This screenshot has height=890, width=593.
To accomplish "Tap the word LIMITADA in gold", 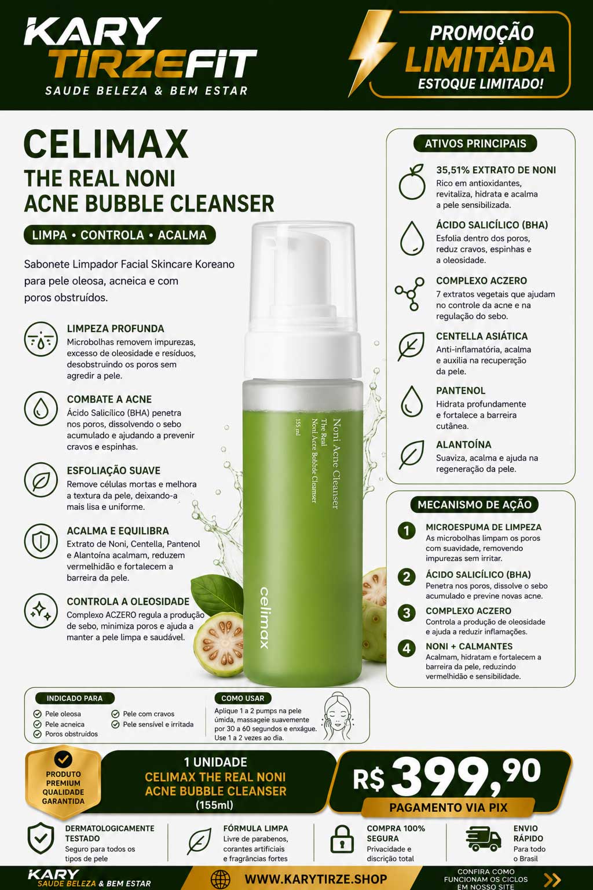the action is click(x=480, y=60).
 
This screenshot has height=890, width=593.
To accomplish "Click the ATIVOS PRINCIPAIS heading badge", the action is click(x=475, y=144).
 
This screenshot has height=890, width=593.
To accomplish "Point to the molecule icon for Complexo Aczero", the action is click(x=409, y=294).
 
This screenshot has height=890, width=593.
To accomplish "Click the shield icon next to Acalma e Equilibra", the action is click(x=41, y=541).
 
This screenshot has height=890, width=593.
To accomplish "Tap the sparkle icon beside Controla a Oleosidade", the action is click(x=41, y=611).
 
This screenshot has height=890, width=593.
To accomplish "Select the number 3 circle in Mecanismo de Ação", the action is click(x=407, y=613).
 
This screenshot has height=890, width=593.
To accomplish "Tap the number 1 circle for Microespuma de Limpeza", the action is click(x=407, y=530).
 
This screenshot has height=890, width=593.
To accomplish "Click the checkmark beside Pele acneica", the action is click(x=37, y=724).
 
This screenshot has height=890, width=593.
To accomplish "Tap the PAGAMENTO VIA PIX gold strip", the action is click(x=448, y=808).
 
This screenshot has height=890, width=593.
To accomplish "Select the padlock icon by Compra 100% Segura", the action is click(x=342, y=839).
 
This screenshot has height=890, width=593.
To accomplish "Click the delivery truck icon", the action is click(x=483, y=838).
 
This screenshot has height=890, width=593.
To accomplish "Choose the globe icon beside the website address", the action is click(x=221, y=879).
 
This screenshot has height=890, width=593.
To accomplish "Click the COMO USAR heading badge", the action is click(x=243, y=698).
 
